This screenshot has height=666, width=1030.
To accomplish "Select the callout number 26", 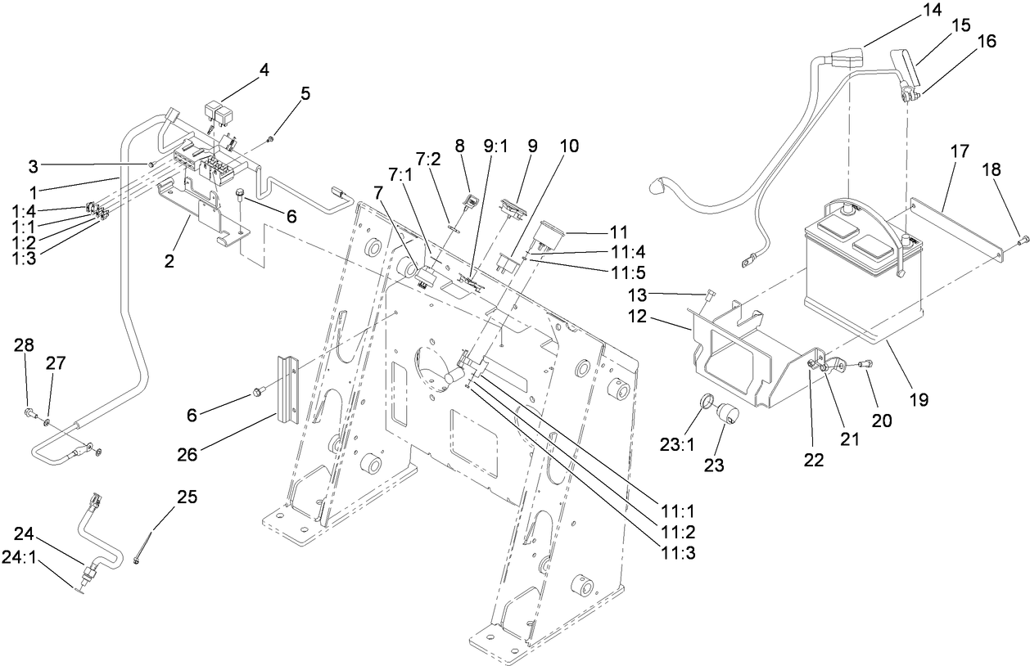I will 188,454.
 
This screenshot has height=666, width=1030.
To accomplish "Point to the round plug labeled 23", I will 728,416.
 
